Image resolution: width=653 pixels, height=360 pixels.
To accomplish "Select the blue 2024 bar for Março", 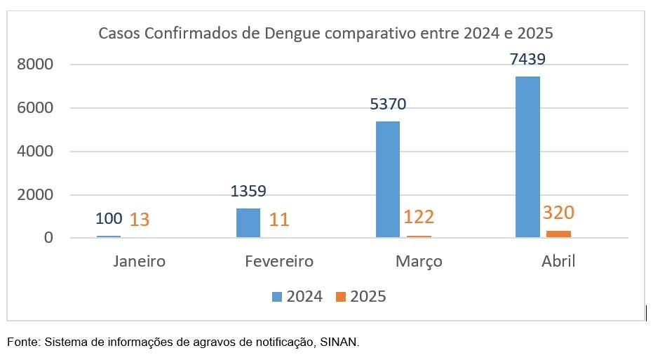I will coord(388,180).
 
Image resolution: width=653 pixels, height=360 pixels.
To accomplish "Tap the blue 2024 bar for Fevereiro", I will coord(248,222).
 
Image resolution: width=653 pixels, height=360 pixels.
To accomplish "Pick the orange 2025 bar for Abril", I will coord(558,234).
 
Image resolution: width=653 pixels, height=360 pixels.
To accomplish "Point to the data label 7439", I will coord(527,59).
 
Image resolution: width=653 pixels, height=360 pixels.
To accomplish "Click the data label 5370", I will coord(388,105).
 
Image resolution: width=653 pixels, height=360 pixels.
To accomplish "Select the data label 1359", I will coord(248,191).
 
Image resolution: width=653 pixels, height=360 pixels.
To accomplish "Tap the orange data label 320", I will coord(559,213).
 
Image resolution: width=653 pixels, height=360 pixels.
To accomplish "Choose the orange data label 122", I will coord(419,217).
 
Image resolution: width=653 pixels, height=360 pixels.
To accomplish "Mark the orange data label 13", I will coord(140,220).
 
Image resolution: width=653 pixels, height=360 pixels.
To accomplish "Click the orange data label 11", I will coord(279,220).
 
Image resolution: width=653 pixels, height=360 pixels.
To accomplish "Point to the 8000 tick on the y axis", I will coord(36,65).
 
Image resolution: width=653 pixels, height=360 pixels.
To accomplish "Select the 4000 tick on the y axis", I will coord(36,152).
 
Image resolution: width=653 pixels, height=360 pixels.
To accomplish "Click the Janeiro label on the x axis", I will coord(139,262).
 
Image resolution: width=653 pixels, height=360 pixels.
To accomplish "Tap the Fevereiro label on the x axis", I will coord(279,262).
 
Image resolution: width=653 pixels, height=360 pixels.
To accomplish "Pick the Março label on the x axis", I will coord(419,262).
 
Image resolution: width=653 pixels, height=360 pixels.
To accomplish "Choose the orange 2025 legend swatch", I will coord(341,297).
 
